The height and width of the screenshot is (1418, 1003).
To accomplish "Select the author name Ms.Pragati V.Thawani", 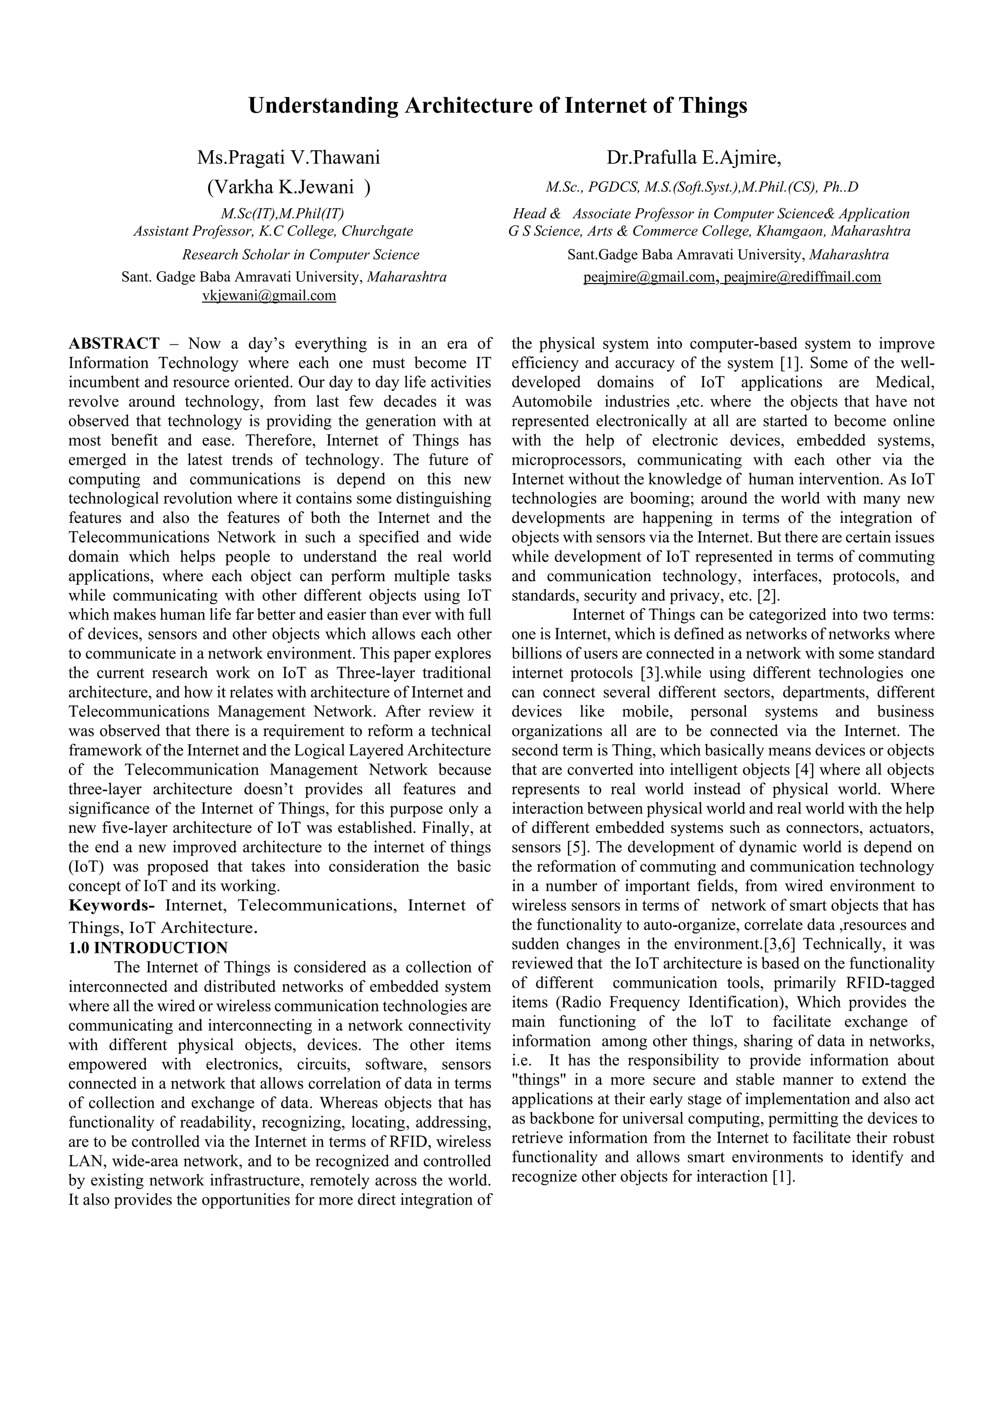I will pyautogui.click(x=288, y=158).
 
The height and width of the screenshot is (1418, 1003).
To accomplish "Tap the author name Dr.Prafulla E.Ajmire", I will pyautogui.click(x=693, y=158).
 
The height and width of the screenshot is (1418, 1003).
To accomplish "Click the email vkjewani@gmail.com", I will pyautogui.click(x=269, y=296).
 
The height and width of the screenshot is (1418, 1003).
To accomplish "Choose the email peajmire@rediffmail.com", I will pyautogui.click(x=802, y=277).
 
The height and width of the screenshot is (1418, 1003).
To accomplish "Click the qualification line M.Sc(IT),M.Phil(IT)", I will pyautogui.click(x=282, y=213).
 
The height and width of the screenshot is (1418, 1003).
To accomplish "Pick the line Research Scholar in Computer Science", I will pyautogui.click(x=300, y=255).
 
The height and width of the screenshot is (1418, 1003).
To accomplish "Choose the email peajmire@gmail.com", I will pyautogui.click(x=648, y=277).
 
